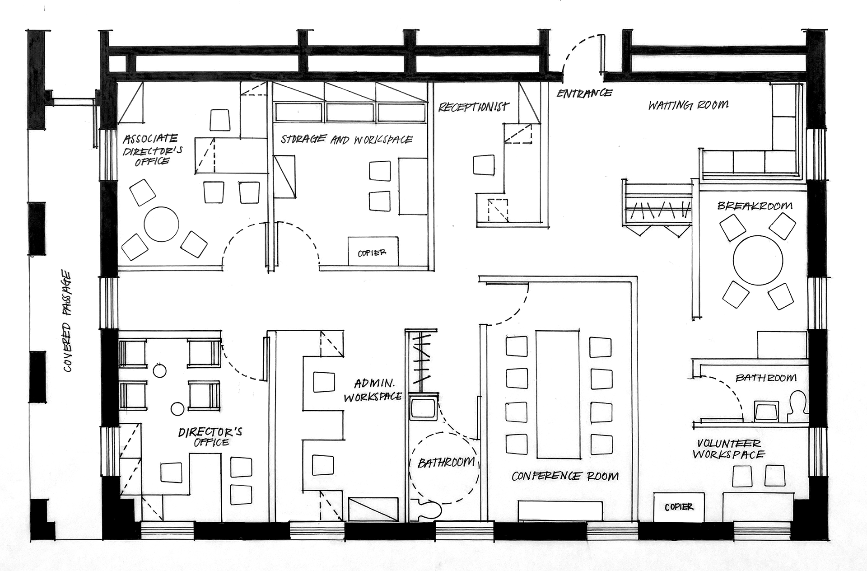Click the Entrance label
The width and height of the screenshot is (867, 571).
click(584, 93)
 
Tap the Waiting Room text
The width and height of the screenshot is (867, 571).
click(688, 105)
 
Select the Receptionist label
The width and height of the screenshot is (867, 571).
click(473, 107)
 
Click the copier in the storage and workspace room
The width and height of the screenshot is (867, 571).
click(373, 251)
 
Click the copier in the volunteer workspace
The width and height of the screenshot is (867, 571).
click(679, 507)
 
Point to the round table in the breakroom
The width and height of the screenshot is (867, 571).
click(758, 260)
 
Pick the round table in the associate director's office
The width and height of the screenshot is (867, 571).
click(161, 224)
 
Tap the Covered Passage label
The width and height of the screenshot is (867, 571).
click(67, 321)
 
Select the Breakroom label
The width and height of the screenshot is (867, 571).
click(755, 206)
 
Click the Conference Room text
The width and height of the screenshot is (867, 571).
click(565, 476)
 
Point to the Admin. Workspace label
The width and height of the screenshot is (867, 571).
click(373, 390)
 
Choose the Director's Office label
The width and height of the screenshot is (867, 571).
click(210, 436)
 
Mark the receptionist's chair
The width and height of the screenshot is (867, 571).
click(484, 165)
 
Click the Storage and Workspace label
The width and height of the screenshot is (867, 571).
click(346, 139)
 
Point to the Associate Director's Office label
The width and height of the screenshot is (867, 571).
click(153, 150)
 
